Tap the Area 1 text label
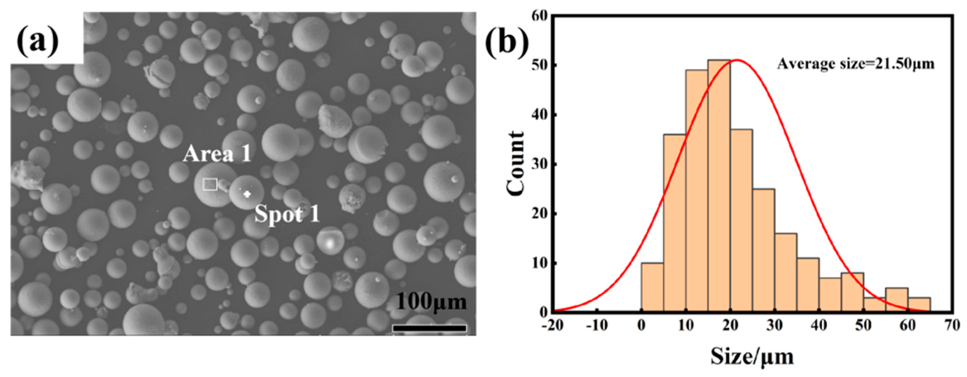(x=217, y=154)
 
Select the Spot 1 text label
(x=287, y=215)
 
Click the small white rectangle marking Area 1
(x=210, y=184)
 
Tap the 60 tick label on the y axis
(x=539, y=16)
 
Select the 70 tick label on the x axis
(x=952, y=325)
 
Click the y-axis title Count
(x=515, y=164)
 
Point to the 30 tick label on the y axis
(x=539, y=164)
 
